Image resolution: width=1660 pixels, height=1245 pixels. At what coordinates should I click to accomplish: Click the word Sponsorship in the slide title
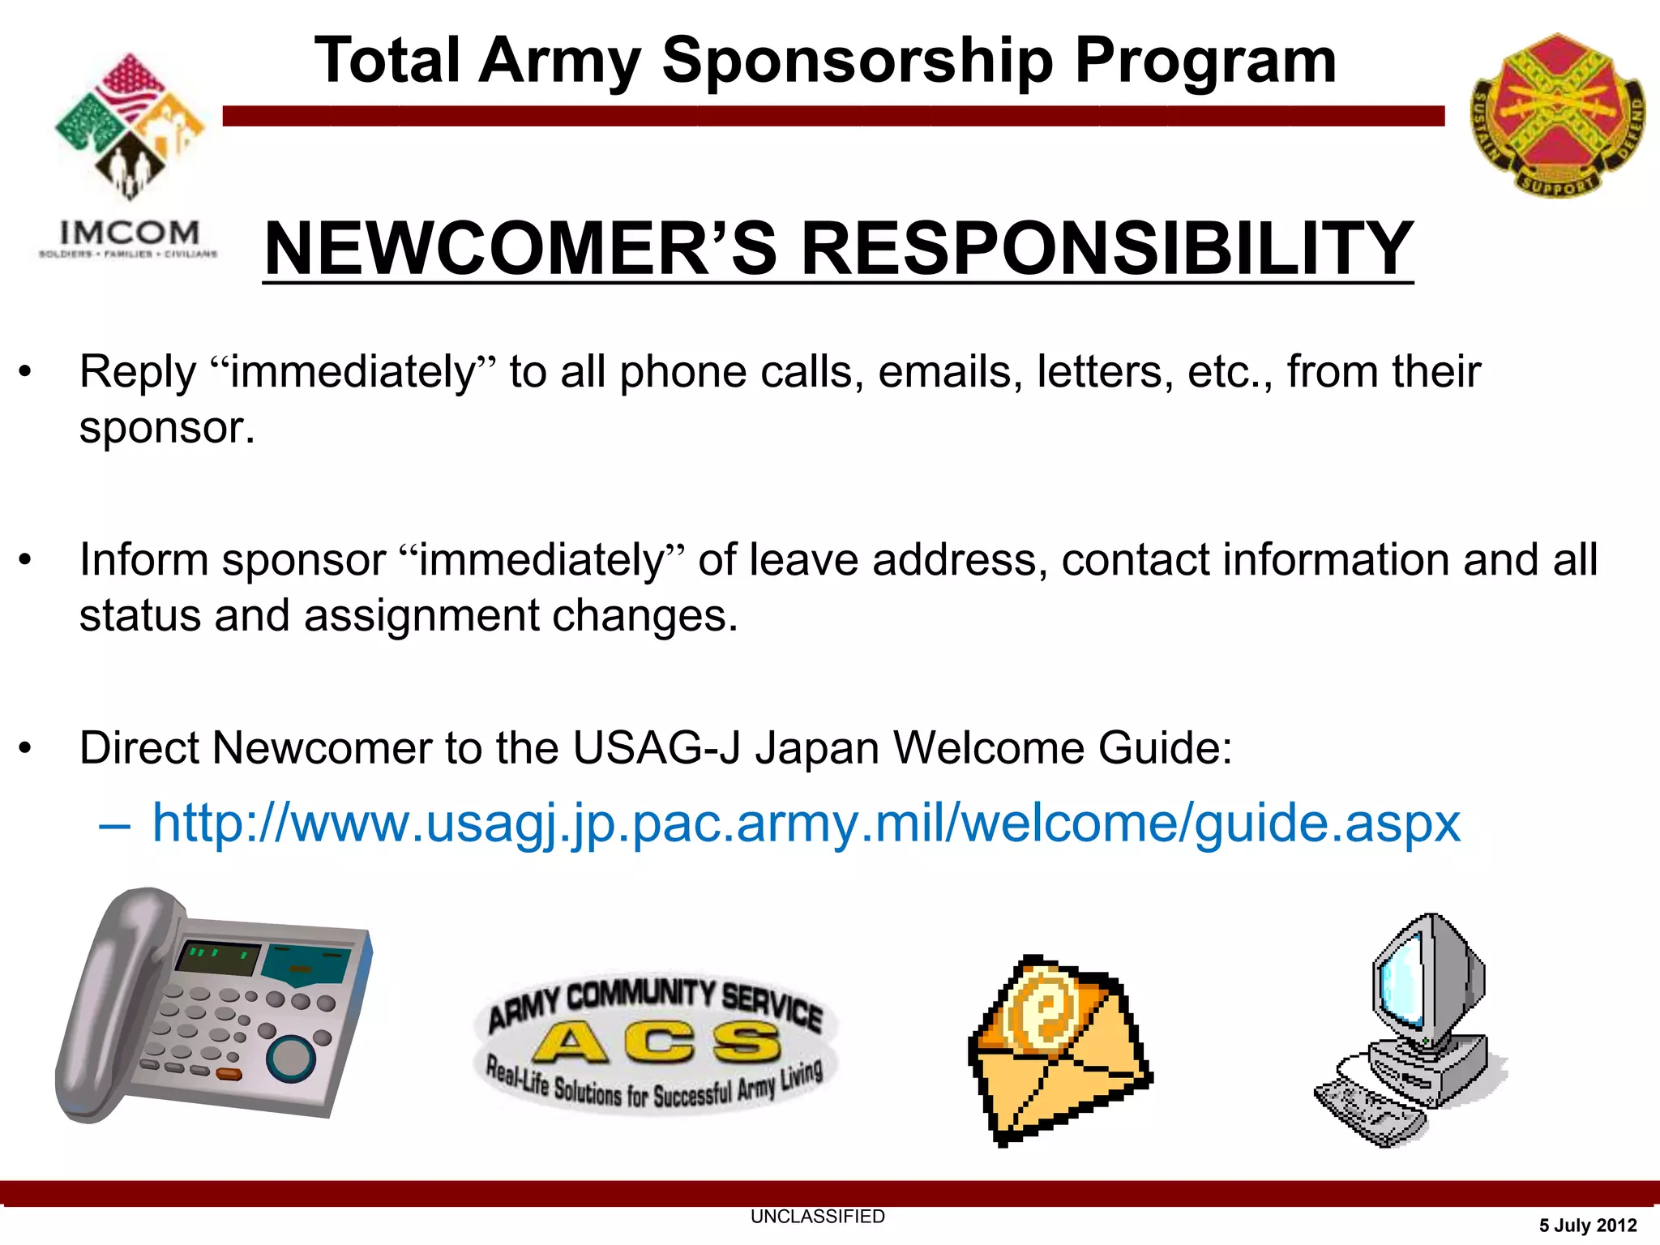point(858,62)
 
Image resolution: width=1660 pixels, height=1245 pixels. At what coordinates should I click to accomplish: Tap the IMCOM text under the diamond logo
point(129,233)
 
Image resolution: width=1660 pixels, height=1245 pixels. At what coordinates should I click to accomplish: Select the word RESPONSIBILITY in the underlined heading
point(1106,249)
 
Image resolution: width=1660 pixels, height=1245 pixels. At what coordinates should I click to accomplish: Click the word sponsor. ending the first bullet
point(167,428)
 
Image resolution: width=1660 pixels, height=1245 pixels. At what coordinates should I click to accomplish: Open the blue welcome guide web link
point(806,824)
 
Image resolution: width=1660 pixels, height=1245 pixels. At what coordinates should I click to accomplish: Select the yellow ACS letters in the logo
point(657,1042)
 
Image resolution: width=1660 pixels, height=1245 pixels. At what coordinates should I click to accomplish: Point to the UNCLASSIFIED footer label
point(817,1217)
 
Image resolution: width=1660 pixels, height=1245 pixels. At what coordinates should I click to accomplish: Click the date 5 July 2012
point(1587,1226)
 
